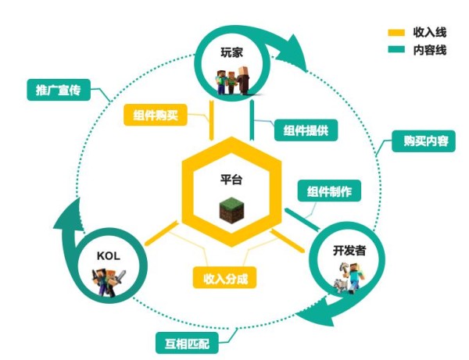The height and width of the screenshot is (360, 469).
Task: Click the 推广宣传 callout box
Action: (59, 90)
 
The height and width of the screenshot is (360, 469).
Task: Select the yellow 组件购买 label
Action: (156, 115)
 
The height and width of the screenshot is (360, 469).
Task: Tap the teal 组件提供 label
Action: (306, 130)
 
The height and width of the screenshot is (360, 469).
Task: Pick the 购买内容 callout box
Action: (424, 141)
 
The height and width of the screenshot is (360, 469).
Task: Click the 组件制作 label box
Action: (329, 191)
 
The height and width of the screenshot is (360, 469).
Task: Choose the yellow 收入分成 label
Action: (224, 277)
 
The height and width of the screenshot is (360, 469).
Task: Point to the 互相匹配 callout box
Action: (188, 343)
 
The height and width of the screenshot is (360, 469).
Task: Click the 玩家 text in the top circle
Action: (232, 52)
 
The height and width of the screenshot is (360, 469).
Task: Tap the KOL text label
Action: (109, 256)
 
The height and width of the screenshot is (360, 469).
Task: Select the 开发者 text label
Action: (349, 251)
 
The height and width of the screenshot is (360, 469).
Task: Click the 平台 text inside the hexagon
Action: (231, 180)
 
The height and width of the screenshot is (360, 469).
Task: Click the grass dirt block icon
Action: (232, 210)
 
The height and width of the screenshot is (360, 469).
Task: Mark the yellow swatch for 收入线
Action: (396, 33)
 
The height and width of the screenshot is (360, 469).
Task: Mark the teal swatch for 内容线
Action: (396, 49)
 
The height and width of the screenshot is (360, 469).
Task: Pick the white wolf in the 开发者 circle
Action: (341, 286)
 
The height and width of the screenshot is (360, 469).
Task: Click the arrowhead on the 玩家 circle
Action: (294, 54)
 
